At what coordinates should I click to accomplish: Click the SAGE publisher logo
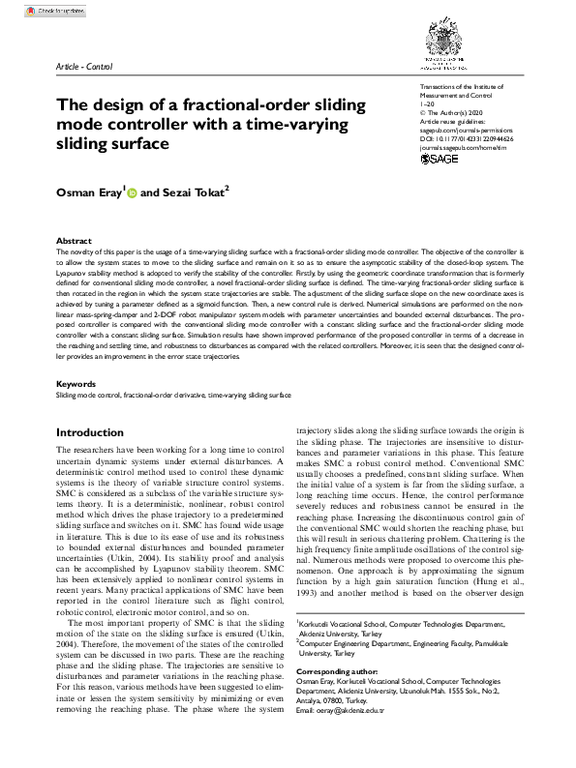click(x=442, y=160)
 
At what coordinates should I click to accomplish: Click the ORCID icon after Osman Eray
click(x=132, y=193)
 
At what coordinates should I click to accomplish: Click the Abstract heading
click(x=74, y=240)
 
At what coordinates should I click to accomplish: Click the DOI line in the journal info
click(x=468, y=139)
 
